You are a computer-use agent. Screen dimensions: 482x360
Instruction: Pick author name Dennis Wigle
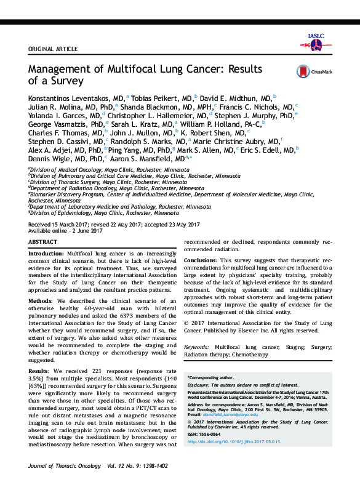[x=49, y=158]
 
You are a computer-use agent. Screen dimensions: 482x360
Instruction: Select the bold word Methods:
[x=41, y=300]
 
